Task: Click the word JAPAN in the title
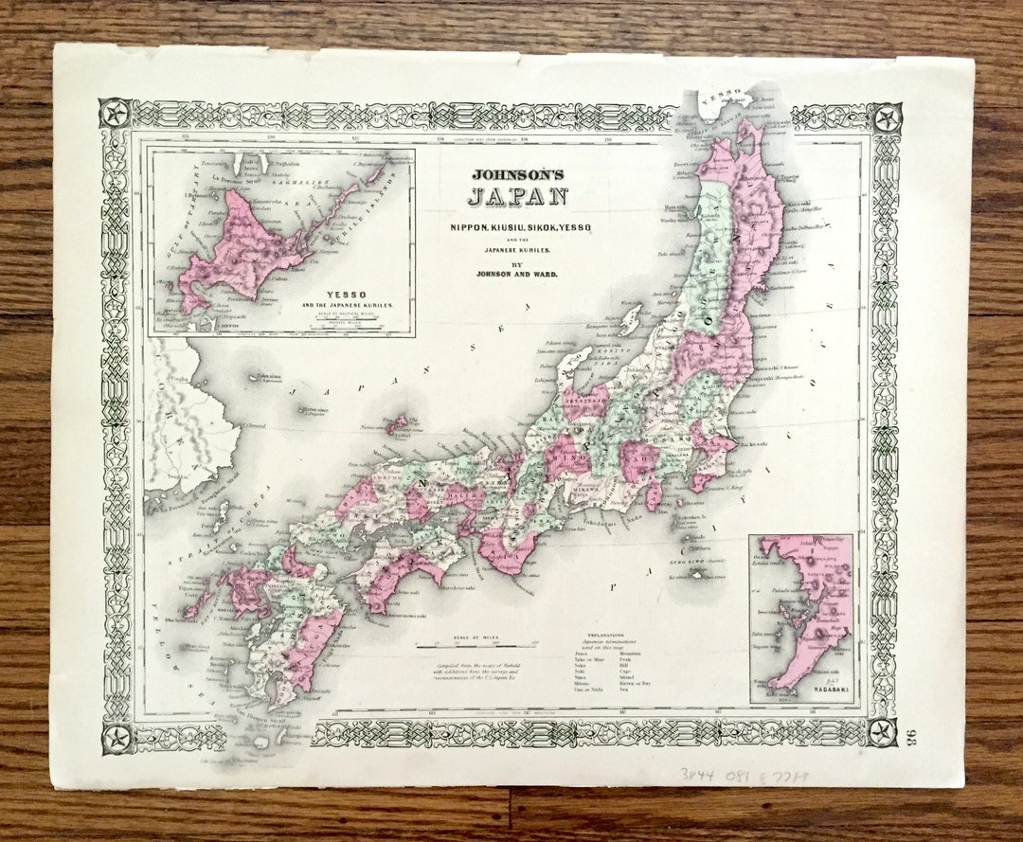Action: tap(517, 198)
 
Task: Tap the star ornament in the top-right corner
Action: tap(887, 117)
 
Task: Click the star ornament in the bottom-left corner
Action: tap(117, 736)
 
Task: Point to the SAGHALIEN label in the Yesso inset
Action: tap(306, 163)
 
